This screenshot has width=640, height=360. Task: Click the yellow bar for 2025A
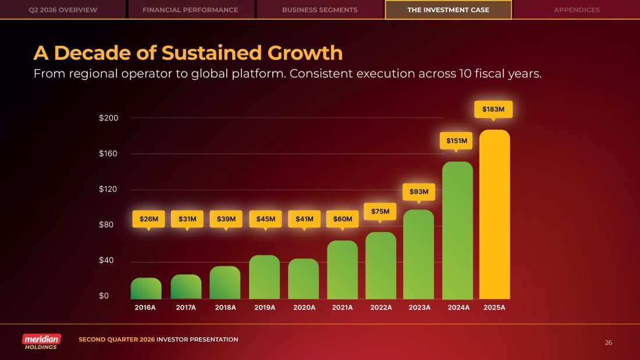click(495, 214)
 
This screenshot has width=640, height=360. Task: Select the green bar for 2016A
click(146, 288)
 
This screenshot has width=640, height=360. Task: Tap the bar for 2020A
click(303, 279)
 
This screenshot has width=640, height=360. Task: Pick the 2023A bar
click(418, 254)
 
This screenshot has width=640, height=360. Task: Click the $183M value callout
click(493, 109)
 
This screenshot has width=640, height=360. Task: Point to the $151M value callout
click(456, 141)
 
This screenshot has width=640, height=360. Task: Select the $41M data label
click(304, 219)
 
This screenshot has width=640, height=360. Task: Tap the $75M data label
click(380, 212)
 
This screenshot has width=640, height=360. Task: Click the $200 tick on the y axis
click(109, 118)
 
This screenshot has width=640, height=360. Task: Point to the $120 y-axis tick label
click(108, 189)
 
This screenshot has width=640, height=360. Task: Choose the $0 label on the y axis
click(104, 295)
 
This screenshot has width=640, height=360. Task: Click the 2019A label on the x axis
click(265, 307)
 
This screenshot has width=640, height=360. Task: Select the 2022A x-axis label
click(381, 307)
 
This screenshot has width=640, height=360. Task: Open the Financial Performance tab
click(190, 10)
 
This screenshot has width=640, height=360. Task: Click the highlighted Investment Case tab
click(448, 10)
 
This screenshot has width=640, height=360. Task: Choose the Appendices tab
click(577, 10)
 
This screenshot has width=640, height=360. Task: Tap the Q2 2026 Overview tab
click(63, 10)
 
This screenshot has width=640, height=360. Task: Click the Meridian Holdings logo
click(41, 341)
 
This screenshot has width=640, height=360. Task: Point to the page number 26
click(608, 343)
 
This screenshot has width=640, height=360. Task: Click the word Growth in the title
click(305, 53)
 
